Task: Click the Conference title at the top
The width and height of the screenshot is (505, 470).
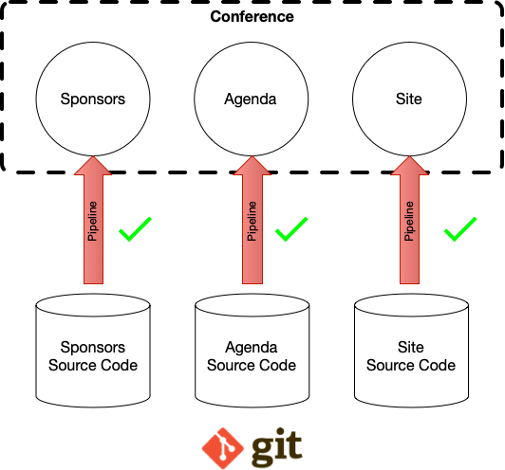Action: (x=252, y=17)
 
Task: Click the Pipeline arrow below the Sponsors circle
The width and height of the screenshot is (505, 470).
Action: (x=93, y=220)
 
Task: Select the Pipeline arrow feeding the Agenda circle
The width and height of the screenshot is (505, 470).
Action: (x=252, y=220)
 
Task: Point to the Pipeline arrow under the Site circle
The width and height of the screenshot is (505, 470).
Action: (x=409, y=220)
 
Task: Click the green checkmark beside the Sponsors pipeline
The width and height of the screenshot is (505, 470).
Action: (x=135, y=229)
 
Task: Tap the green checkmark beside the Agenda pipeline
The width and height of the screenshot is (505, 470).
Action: (x=291, y=229)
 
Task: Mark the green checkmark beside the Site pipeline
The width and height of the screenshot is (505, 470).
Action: (x=460, y=229)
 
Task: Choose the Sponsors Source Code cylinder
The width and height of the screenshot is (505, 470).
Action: (x=93, y=351)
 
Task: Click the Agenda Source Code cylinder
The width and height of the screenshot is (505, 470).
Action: (x=252, y=351)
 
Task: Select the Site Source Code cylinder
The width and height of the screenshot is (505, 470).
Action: (x=411, y=351)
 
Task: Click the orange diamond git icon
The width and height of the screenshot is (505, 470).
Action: (x=222, y=448)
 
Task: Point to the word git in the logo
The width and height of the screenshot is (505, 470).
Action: (x=276, y=447)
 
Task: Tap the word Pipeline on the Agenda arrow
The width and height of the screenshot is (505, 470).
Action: (x=252, y=221)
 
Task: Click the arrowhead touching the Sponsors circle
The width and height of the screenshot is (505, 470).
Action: (x=93, y=166)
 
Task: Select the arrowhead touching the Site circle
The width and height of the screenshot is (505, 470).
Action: (x=409, y=166)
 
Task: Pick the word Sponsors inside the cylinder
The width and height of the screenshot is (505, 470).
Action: (x=93, y=348)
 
